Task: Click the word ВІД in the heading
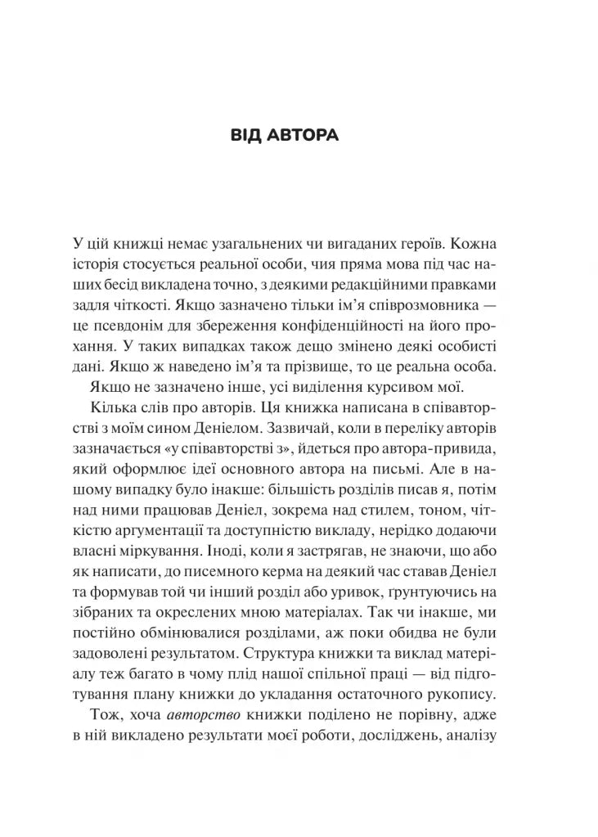tap(248, 136)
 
